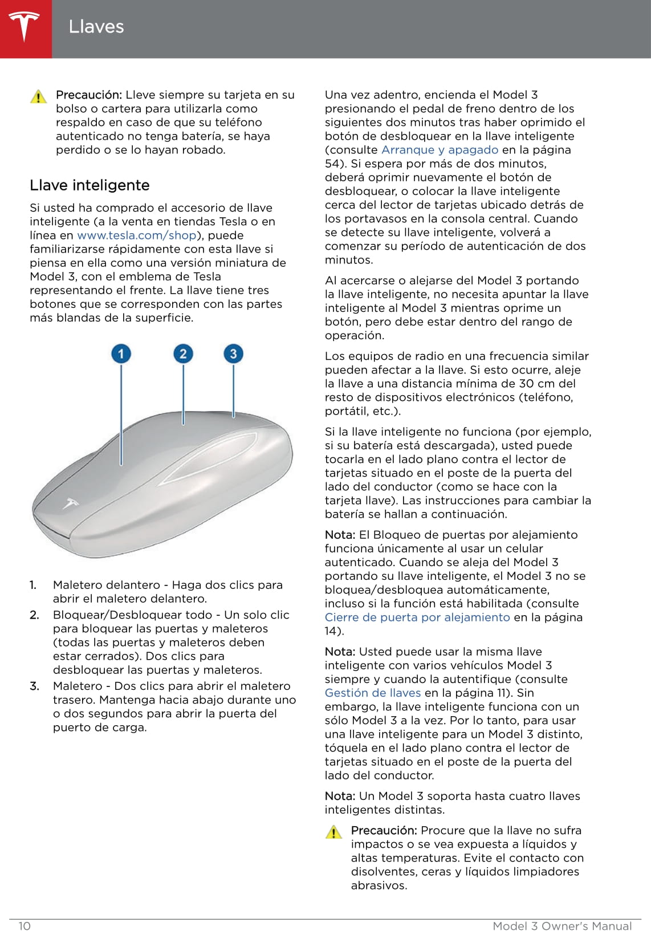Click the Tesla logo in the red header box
click(x=24, y=27)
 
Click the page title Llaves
click(x=96, y=27)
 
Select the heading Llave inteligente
click(x=89, y=185)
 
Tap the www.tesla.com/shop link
click(x=136, y=235)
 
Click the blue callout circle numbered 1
click(x=121, y=354)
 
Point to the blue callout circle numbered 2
click(x=183, y=354)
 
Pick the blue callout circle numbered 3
click(x=233, y=354)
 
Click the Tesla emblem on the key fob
click(x=71, y=503)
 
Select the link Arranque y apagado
click(x=440, y=150)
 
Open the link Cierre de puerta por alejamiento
click(x=417, y=617)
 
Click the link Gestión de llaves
click(x=373, y=693)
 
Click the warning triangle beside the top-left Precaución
click(x=38, y=96)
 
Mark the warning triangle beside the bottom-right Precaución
click(x=333, y=832)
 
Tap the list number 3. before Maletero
click(x=35, y=686)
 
